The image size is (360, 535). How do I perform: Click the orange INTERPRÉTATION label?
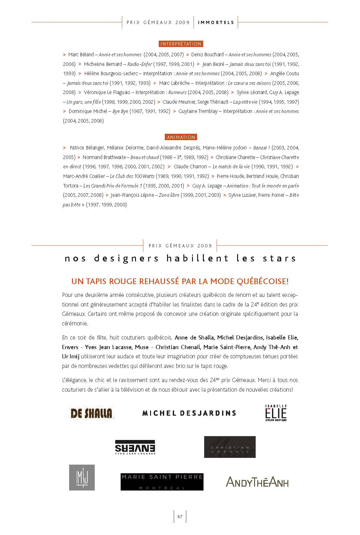tap(180, 44)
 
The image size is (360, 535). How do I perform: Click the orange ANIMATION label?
tap(181, 137)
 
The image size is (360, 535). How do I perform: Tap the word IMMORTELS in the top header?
tap(216, 22)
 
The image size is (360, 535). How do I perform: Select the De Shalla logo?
tap(91, 413)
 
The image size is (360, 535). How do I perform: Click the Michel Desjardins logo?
tap(189, 413)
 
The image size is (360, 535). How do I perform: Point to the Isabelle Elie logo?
tap(276, 413)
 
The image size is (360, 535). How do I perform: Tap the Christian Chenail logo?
tap(230, 447)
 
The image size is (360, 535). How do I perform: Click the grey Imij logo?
tap(82, 477)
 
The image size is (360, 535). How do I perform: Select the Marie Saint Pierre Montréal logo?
tap(162, 482)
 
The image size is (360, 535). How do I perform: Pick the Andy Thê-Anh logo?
tap(257, 482)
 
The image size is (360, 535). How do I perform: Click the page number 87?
tap(180, 517)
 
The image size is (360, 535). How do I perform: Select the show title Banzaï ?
tap(261, 148)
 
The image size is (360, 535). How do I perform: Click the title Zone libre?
tap(169, 195)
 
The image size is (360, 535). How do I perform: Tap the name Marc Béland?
tap(81, 55)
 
